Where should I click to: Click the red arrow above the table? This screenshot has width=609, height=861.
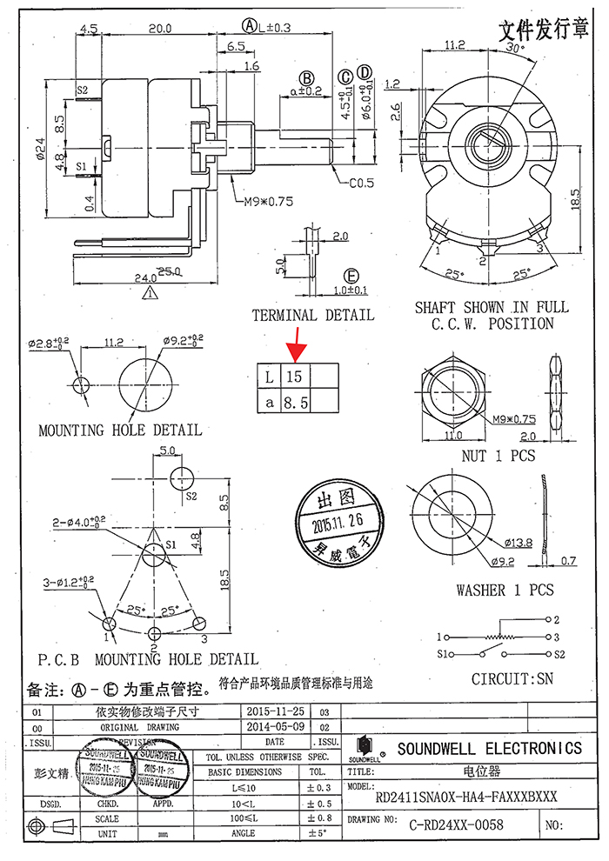click(296, 347)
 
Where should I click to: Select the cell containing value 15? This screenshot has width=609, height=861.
click(296, 377)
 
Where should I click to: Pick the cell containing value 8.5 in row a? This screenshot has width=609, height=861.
click(296, 401)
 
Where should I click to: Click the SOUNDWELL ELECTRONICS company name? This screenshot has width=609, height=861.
click(490, 749)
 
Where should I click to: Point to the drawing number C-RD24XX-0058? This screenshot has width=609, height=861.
click(458, 824)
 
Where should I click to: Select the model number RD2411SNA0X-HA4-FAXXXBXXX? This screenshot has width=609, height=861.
click(465, 796)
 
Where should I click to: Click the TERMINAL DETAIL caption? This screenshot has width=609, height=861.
click(312, 315)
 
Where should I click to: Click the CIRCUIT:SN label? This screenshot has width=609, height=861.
click(512, 678)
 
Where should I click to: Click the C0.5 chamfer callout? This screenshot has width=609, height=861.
click(362, 184)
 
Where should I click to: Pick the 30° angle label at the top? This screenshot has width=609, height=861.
click(514, 49)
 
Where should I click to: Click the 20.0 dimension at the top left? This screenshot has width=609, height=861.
click(158, 29)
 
